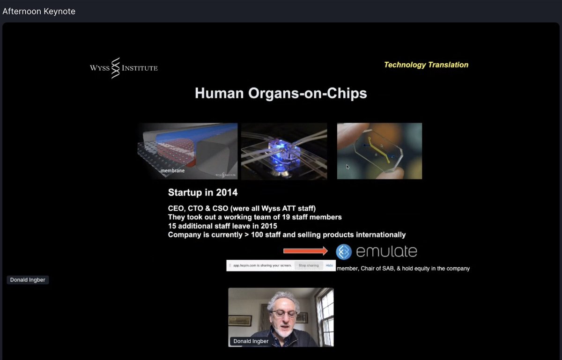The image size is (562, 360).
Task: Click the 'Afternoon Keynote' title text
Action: click(39, 11)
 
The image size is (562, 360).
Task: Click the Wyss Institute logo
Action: click(124, 68)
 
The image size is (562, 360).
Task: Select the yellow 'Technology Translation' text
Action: click(426, 65)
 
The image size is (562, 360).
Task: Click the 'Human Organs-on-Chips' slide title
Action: click(281, 94)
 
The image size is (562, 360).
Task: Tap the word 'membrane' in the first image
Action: click(172, 171)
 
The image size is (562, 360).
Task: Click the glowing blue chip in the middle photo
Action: click(282, 151)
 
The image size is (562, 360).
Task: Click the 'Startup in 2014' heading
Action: click(202, 192)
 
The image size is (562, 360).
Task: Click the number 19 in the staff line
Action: click(290, 217)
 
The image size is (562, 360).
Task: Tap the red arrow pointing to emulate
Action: click(305, 251)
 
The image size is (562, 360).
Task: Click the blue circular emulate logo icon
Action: click(344, 252)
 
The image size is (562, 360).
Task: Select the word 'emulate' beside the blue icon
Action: click(386, 252)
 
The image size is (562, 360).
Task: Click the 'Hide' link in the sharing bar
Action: click(329, 265)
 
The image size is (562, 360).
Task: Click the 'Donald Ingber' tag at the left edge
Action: click(28, 280)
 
